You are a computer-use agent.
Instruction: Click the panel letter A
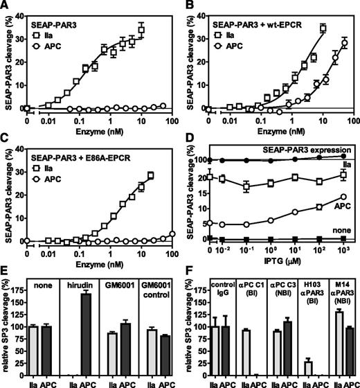[6, 6]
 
